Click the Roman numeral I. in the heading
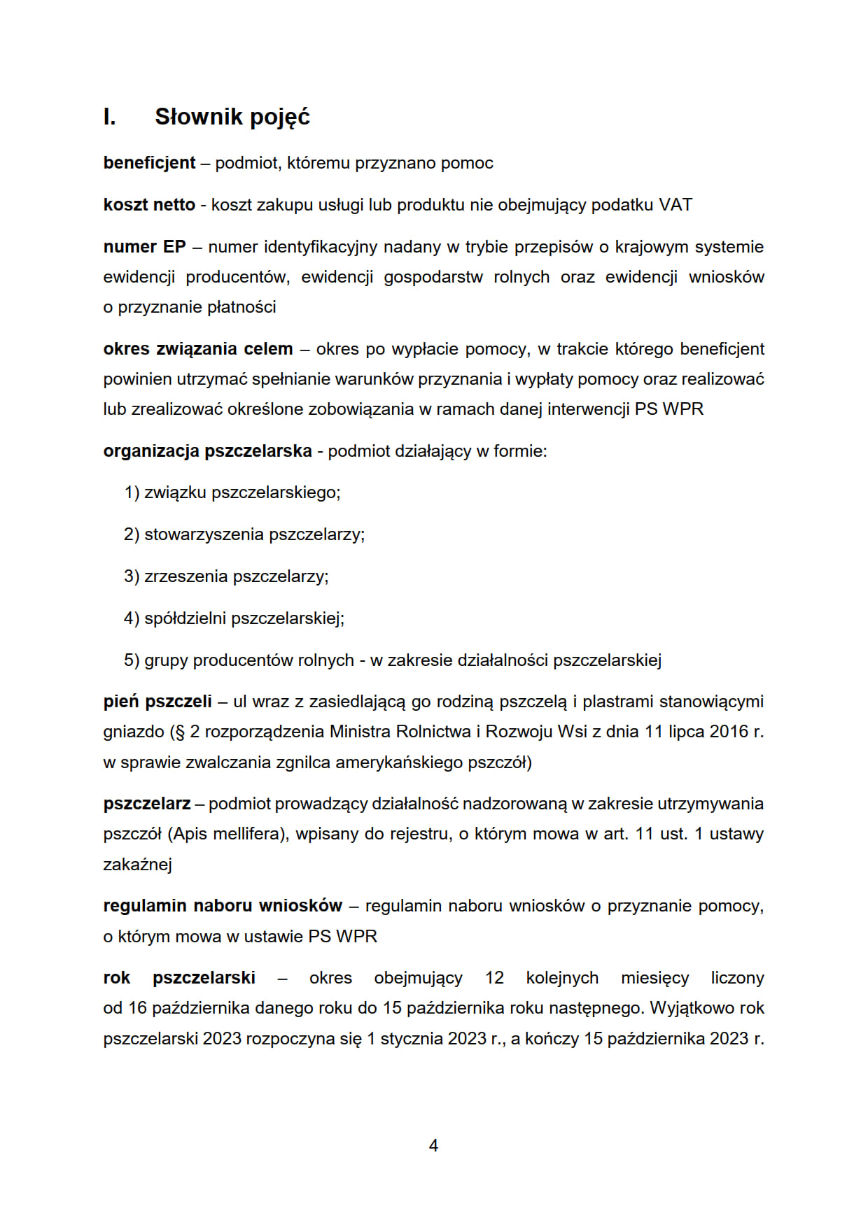coord(109,117)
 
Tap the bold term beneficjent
coord(149,163)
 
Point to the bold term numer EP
coord(144,247)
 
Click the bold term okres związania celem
coord(197,349)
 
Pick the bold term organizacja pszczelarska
coord(207,451)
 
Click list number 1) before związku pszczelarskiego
coord(132,492)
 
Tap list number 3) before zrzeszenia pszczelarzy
coord(132,576)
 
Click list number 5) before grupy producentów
coord(132,660)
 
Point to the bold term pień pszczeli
coord(157,702)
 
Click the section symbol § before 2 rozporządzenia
coord(180,732)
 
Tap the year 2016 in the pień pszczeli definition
coord(729,732)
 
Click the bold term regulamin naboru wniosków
coord(223,906)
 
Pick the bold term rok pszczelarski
coord(179,978)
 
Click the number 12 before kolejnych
coord(494,978)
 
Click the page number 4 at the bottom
coord(433,1145)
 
